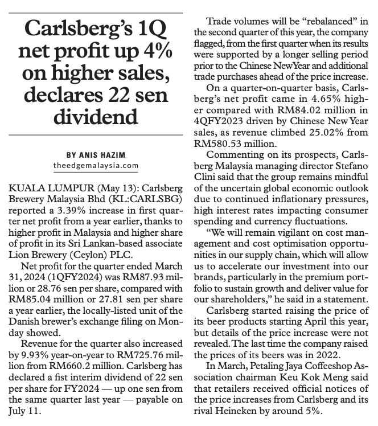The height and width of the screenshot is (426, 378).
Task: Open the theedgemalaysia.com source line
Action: (94, 165)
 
